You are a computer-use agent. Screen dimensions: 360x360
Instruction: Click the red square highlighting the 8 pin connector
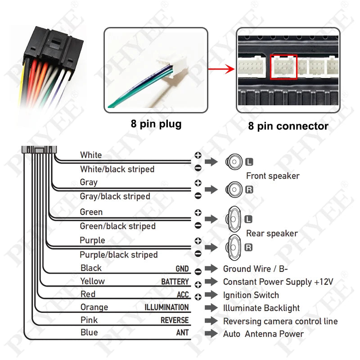click(x=283, y=67)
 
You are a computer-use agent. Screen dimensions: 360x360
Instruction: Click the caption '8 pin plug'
click(x=156, y=124)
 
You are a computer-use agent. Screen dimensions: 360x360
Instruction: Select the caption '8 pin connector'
click(x=288, y=126)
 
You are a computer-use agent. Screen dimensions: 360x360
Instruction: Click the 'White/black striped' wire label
click(x=117, y=169)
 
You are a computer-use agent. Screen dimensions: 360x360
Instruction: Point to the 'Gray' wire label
click(x=89, y=182)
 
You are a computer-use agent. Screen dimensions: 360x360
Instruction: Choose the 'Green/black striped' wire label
click(x=117, y=226)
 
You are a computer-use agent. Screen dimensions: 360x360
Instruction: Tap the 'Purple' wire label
click(x=92, y=240)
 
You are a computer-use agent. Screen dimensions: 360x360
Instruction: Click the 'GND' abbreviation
click(x=182, y=269)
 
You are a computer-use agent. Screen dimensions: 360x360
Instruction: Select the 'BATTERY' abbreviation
click(x=175, y=282)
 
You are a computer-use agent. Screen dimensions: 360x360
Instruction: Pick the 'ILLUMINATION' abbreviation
click(x=166, y=308)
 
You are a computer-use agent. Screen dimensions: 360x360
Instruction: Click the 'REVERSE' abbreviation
click(x=175, y=321)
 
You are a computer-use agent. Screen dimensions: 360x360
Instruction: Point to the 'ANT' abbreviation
click(x=182, y=333)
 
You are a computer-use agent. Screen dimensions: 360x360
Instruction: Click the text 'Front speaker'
click(x=273, y=176)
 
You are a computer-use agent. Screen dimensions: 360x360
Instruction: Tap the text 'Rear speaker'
click(x=272, y=234)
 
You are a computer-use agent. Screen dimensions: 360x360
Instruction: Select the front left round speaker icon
click(x=234, y=162)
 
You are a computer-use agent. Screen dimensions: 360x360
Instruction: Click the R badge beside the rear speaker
click(x=248, y=247)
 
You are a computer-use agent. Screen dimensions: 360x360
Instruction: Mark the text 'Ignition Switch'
click(x=251, y=295)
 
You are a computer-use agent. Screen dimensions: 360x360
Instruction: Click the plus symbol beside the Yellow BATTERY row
click(x=198, y=284)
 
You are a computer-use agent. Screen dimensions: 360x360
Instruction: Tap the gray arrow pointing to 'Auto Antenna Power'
click(x=211, y=334)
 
